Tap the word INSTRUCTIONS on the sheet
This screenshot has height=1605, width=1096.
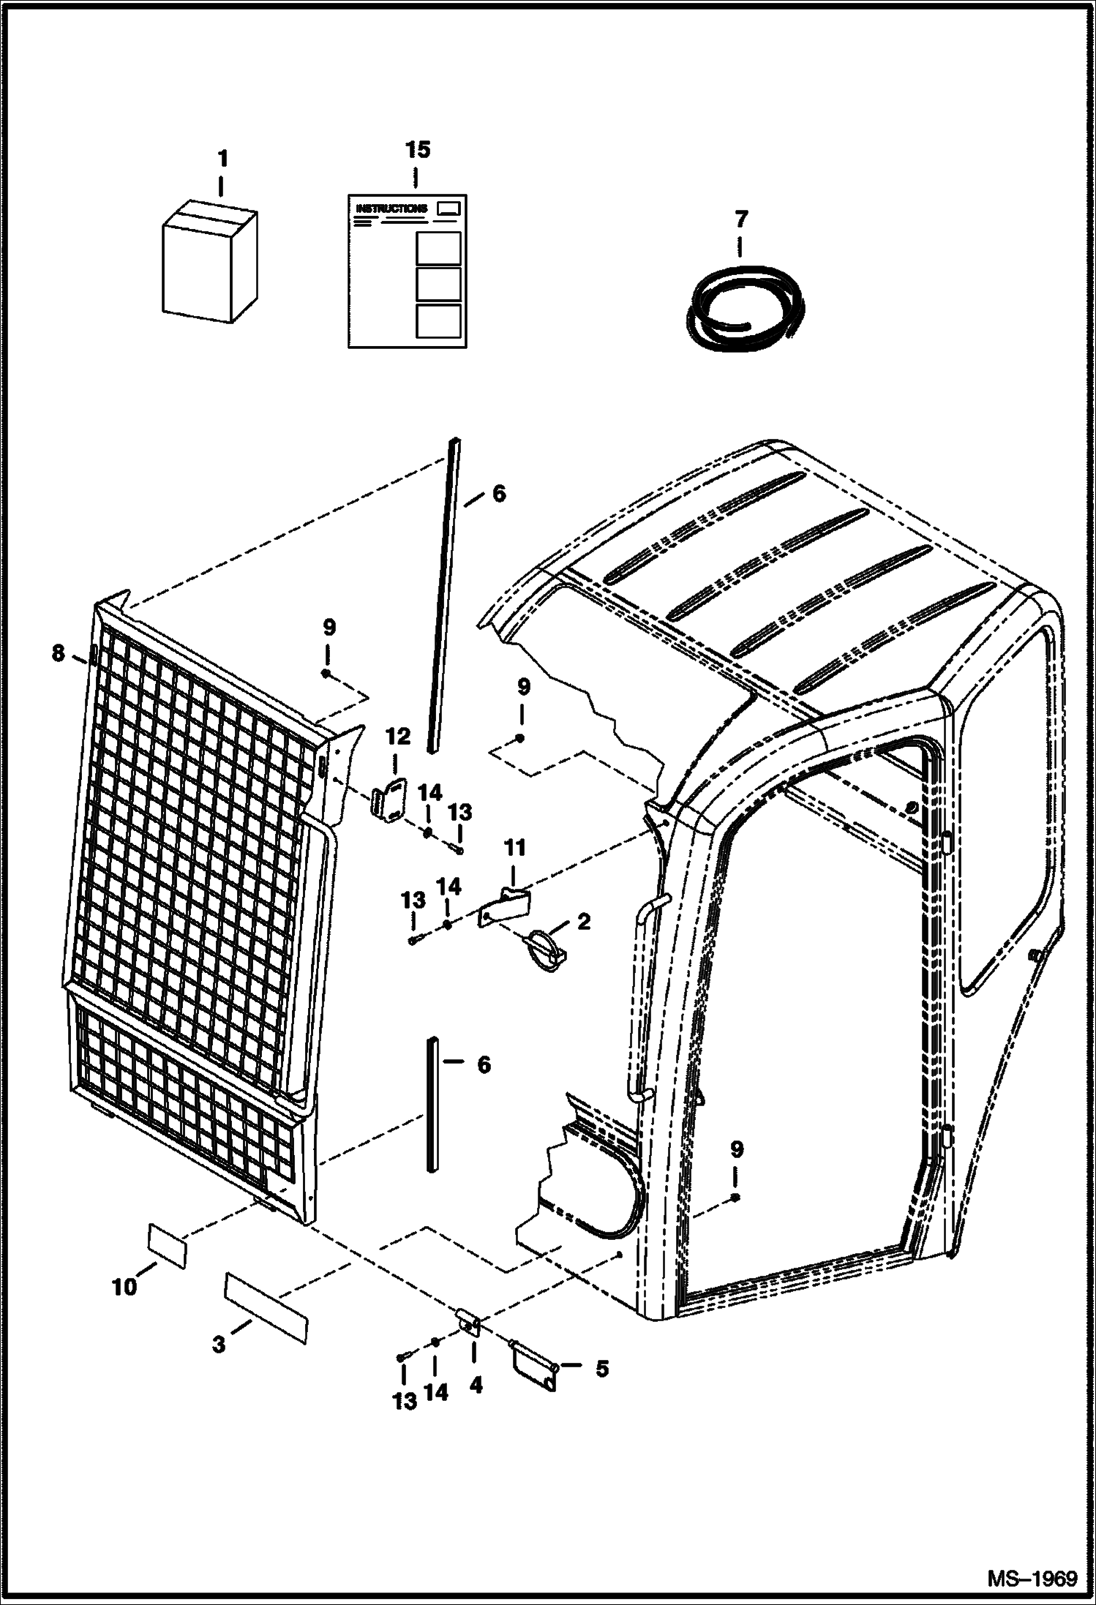click(x=391, y=208)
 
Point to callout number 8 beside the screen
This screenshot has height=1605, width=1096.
click(x=59, y=653)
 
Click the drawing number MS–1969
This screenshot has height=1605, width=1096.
click(x=1032, y=1576)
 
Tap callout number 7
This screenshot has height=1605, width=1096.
click(x=740, y=219)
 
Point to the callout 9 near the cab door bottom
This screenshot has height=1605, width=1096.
click(x=736, y=1150)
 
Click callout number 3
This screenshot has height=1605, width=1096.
click(x=219, y=1344)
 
